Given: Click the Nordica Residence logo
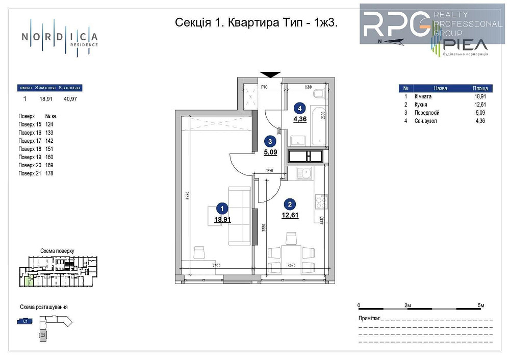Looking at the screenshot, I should click(59, 38).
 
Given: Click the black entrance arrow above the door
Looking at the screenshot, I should click(270, 74).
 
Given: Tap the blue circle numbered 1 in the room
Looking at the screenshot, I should click(222, 208).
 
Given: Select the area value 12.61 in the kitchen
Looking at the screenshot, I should click(290, 215).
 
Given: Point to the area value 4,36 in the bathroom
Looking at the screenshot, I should click(300, 119).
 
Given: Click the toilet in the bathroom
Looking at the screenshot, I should click(318, 94).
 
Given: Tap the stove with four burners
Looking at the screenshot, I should click(321, 202).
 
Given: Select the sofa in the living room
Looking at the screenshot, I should click(240, 214).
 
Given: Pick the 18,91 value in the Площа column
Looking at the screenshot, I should click(480, 96).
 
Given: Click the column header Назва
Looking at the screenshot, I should click(440, 88).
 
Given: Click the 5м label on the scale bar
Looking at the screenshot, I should click(480, 305).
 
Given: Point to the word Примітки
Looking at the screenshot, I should click(369, 318).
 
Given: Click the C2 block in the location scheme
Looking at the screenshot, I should click(43, 336).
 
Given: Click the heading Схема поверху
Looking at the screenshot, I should click(57, 251).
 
